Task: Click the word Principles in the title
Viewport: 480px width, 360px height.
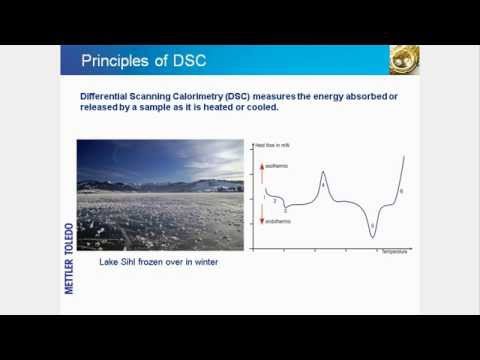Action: (x=113, y=60)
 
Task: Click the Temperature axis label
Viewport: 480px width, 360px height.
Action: (x=393, y=251)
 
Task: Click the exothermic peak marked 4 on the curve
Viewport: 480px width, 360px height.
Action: (x=323, y=182)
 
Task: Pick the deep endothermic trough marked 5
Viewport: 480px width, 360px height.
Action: (x=372, y=229)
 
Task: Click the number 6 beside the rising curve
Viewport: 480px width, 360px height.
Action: (x=402, y=191)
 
